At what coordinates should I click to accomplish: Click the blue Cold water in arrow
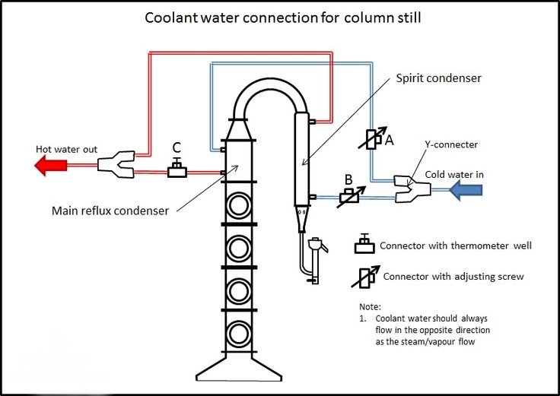point(467,190)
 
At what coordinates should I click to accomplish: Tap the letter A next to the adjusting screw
point(389,139)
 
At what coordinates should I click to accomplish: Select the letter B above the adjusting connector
point(348,179)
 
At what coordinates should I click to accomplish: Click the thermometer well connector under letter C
point(177,170)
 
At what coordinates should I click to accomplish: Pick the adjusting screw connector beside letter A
point(371,138)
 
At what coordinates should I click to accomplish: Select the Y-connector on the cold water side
point(410,189)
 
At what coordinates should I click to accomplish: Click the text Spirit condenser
point(438,78)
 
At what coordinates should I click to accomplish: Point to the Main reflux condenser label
point(110,211)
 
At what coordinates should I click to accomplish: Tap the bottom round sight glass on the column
point(239,332)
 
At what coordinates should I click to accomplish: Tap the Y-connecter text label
point(451,144)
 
